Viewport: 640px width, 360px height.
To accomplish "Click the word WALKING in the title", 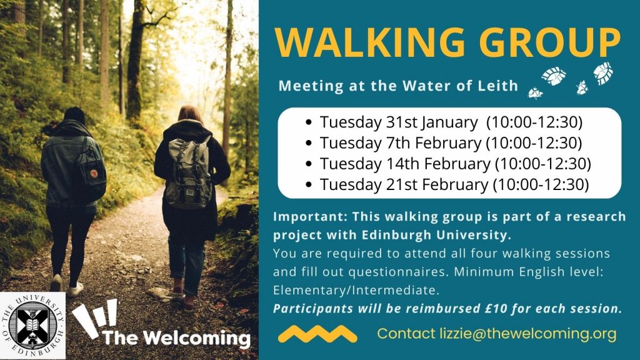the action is tap(369, 42).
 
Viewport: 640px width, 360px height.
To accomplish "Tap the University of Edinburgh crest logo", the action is tap(32, 326).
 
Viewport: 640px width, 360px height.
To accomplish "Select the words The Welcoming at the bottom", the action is tap(176, 338).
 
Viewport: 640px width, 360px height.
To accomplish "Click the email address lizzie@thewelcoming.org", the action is tap(527, 334).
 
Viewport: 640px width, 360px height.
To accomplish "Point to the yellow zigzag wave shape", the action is tap(317, 334).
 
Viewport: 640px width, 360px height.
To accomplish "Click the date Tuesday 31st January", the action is tap(398, 122).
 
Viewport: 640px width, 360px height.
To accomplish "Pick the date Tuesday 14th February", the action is tap(405, 164).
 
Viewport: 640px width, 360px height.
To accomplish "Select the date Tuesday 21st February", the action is tap(404, 184).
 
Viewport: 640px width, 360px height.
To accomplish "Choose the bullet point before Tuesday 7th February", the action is tap(309, 143).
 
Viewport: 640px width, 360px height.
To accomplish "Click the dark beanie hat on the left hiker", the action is tap(74, 115).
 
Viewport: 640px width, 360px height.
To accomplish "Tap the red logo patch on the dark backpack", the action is tap(94, 172).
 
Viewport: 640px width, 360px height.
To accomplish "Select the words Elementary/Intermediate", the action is tap(356, 290).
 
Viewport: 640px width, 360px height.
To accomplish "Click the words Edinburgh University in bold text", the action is tap(436, 235).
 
